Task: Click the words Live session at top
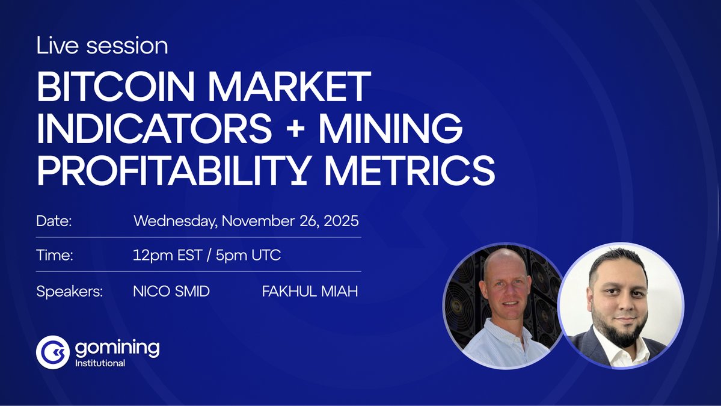click(102, 46)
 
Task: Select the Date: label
click(54, 221)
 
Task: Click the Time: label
click(55, 255)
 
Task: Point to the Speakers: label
click(70, 292)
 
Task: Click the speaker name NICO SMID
click(171, 292)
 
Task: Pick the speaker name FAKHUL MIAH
click(310, 292)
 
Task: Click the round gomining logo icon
click(52, 352)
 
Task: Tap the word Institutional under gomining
click(100, 363)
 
